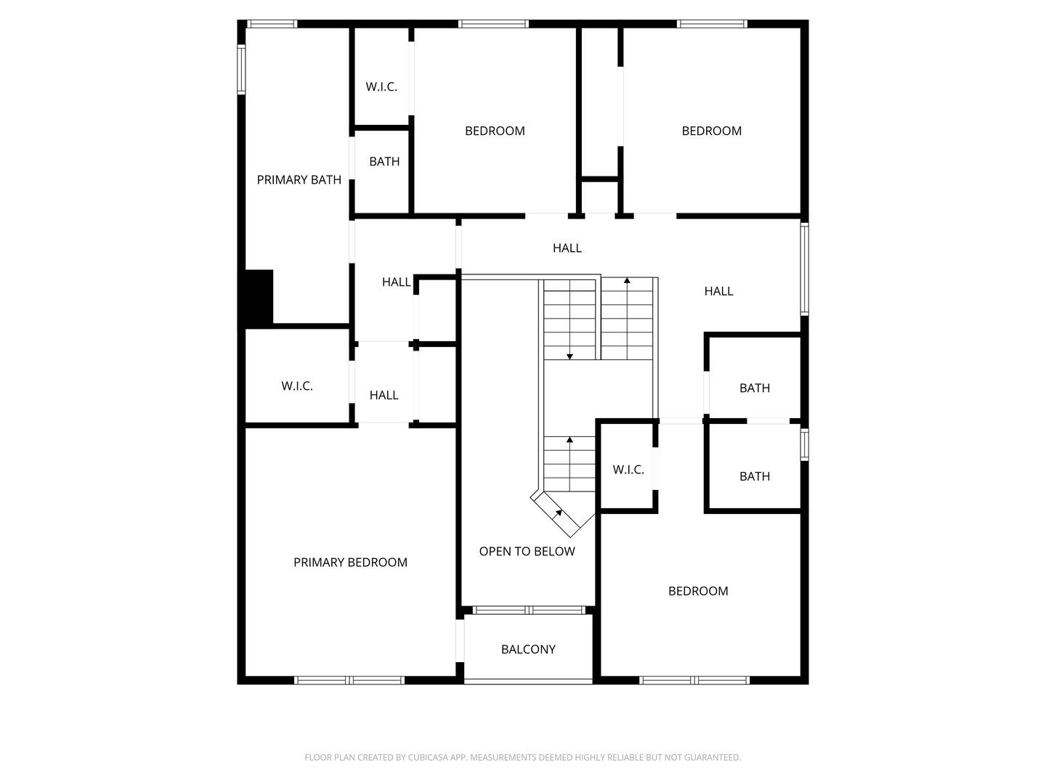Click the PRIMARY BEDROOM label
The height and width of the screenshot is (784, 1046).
pyautogui.click(x=350, y=563)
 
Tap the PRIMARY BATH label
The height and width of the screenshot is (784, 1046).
pyautogui.click(x=299, y=180)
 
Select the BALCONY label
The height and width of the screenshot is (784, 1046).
pyautogui.click(x=528, y=650)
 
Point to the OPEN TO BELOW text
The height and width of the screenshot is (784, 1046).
pyautogui.click(x=527, y=552)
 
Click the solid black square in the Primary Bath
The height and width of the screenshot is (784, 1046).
pyautogui.click(x=259, y=298)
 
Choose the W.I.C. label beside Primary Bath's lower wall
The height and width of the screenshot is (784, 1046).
pyautogui.click(x=297, y=386)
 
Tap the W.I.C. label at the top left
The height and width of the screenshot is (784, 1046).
pyautogui.click(x=381, y=87)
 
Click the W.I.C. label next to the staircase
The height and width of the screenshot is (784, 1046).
pyautogui.click(x=628, y=470)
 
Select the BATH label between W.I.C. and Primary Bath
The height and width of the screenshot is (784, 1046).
pyautogui.click(x=384, y=162)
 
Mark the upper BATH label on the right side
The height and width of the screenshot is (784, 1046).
pyautogui.click(x=755, y=388)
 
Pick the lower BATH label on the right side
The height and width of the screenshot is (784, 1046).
pyautogui.click(x=755, y=477)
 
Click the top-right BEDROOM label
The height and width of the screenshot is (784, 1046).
pyautogui.click(x=711, y=131)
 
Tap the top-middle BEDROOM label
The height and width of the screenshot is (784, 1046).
pyautogui.click(x=495, y=131)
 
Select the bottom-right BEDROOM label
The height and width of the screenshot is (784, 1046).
pyautogui.click(x=698, y=592)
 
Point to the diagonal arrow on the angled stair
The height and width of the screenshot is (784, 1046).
pyautogui.click(x=559, y=513)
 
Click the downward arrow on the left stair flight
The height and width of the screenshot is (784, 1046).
pyautogui.click(x=569, y=355)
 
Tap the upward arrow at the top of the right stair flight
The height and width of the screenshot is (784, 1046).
pyautogui.click(x=627, y=280)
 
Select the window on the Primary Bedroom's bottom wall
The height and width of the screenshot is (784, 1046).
pyautogui.click(x=349, y=680)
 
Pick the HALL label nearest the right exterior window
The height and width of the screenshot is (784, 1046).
pyautogui.click(x=718, y=292)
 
